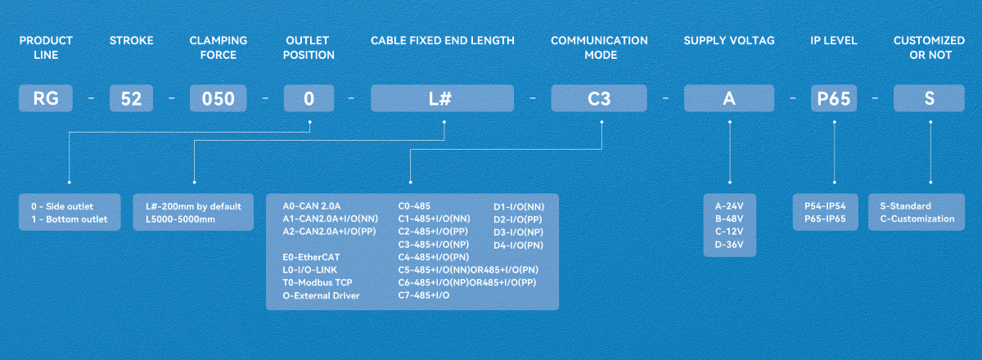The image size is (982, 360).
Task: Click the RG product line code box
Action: (x=46, y=98)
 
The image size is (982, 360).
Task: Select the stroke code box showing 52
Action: (x=131, y=98)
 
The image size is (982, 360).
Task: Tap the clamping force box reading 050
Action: (x=218, y=98)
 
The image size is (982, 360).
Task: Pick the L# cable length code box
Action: (x=442, y=98)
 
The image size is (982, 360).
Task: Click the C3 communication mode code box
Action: (x=599, y=98)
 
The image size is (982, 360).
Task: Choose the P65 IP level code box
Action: (x=833, y=98)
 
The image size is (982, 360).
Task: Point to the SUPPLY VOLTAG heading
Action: (x=729, y=41)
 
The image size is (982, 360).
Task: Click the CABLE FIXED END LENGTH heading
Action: (x=443, y=41)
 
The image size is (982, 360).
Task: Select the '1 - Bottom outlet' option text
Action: (x=70, y=219)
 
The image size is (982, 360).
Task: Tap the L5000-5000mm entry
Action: (x=180, y=219)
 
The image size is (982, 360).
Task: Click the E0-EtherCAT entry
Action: (x=311, y=257)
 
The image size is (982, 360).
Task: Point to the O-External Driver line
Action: (x=321, y=295)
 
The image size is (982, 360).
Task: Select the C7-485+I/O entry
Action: (x=424, y=295)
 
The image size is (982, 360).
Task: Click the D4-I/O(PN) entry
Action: (x=518, y=245)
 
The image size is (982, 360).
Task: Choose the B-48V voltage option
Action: (x=729, y=218)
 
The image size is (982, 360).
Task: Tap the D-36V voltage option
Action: (x=729, y=245)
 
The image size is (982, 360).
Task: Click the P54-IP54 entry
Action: (x=825, y=206)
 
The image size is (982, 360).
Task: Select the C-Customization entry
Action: (x=917, y=218)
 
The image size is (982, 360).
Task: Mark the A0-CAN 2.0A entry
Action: (x=311, y=206)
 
